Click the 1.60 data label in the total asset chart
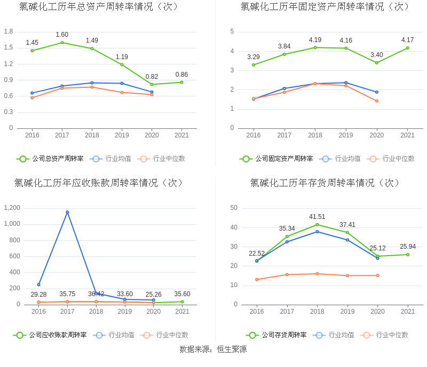(x=62, y=35)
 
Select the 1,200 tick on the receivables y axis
(x=11, y=208)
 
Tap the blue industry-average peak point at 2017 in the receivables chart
(x=67, y=212)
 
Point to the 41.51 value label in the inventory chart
(x=317, y=217)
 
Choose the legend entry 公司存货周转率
(x=276, y=335)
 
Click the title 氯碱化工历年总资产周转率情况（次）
(x=99, y=7)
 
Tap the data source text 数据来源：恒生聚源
(x=213, y=349)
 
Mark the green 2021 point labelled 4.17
(x=407, y=48)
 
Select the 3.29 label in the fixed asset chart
(x=254, y=57)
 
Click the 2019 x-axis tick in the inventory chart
(x=347, y=312)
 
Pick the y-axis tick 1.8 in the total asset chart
(x=9, y=31)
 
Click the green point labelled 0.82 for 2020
(x=152, y=84)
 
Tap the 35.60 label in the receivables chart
(x=182, y=294)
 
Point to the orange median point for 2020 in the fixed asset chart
(x=377, y=101)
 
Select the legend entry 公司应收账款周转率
(x=50, y=335)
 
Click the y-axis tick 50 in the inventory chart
(x=234, y=208)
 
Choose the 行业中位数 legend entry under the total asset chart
(x=161, y=159)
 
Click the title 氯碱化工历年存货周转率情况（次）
(x=325, y=183)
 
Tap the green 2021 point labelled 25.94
(x=408, y=255)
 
